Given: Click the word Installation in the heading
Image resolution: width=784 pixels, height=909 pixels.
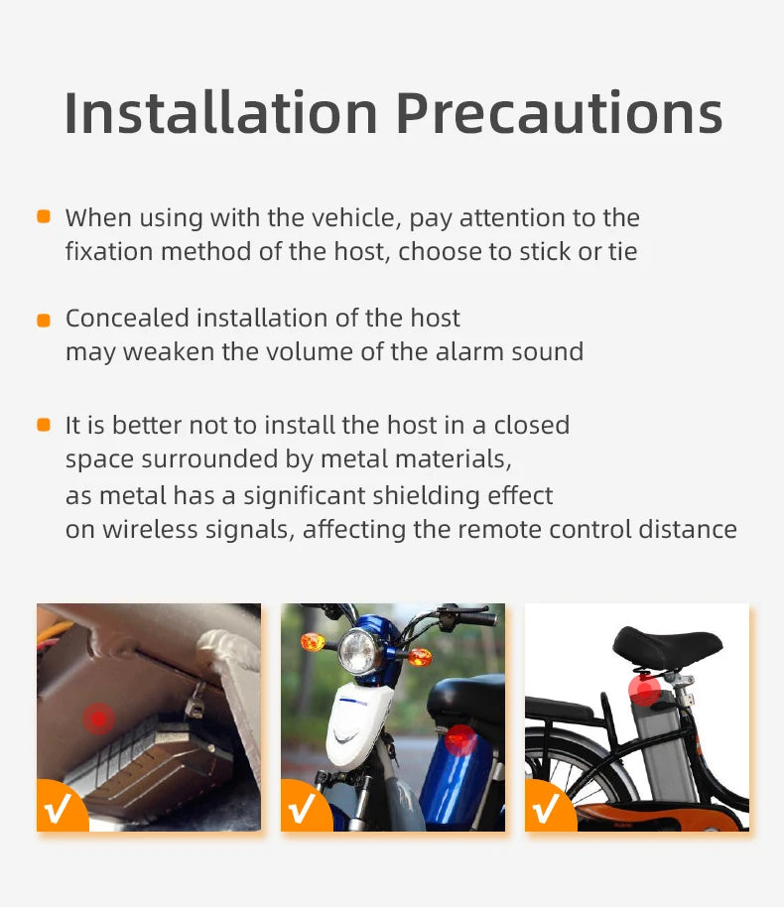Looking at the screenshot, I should pos(221,113).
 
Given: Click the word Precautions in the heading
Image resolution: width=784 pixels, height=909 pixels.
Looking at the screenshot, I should pos(560,113).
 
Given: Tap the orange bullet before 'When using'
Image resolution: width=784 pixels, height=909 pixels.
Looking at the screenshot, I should pos(44,216).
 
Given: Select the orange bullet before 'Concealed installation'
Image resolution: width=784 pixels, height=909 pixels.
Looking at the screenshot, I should pos(44,320).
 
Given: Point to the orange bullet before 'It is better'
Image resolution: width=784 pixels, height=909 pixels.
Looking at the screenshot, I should pos(44,425).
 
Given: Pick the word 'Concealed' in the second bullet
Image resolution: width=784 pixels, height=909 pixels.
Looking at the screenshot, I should pos(127,319).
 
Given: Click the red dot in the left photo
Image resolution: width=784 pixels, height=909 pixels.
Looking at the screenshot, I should pos(97,716).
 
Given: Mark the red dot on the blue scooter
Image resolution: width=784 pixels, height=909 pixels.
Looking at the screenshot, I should pos(460,739).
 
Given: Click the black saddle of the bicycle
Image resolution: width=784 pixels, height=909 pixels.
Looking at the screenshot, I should pos(667,645).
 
